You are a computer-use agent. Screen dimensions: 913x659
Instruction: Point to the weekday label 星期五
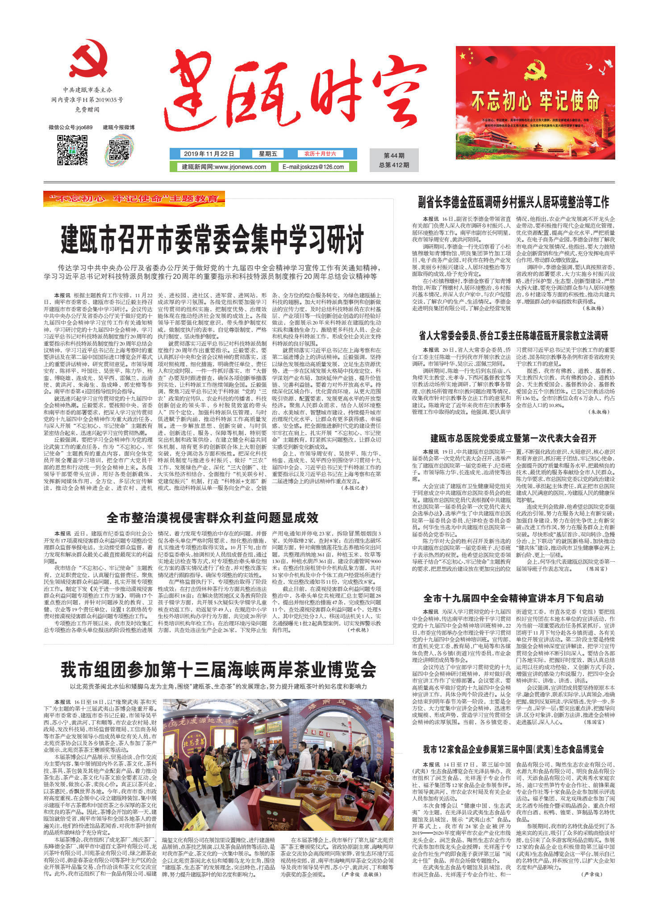tap(268, 154)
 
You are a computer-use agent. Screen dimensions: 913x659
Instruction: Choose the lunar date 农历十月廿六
tap(320, 154)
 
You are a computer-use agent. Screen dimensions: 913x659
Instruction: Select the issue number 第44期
tap(394, 156)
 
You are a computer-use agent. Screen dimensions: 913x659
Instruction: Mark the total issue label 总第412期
tap(394, 165)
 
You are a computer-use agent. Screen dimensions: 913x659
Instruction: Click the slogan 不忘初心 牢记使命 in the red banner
tap(535, 100)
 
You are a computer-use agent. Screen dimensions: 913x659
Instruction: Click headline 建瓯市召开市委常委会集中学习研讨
tap(213, 240)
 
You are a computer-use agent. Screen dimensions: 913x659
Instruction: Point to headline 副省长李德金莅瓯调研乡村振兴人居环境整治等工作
tap(513, 202)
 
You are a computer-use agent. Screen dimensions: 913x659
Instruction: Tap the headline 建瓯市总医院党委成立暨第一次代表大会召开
tap(513, 438)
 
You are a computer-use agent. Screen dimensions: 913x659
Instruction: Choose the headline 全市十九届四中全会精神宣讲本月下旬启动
tap(513, 598)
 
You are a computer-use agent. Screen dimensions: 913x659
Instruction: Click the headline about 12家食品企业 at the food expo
tap(513, 749)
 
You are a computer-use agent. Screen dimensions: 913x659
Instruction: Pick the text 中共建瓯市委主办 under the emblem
tap(88, 90)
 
